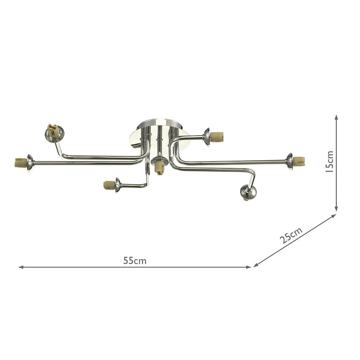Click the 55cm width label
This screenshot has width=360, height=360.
[x=135, y=261]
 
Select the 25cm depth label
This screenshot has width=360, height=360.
[x=290, y=236]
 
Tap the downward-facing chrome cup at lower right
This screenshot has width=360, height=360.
[x=248, y=193]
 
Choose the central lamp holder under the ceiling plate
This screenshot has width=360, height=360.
[x=158, y=168]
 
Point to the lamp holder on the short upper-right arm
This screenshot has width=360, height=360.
[x=218, y=135]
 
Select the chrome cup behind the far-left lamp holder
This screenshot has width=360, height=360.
[x=29, y=162]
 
